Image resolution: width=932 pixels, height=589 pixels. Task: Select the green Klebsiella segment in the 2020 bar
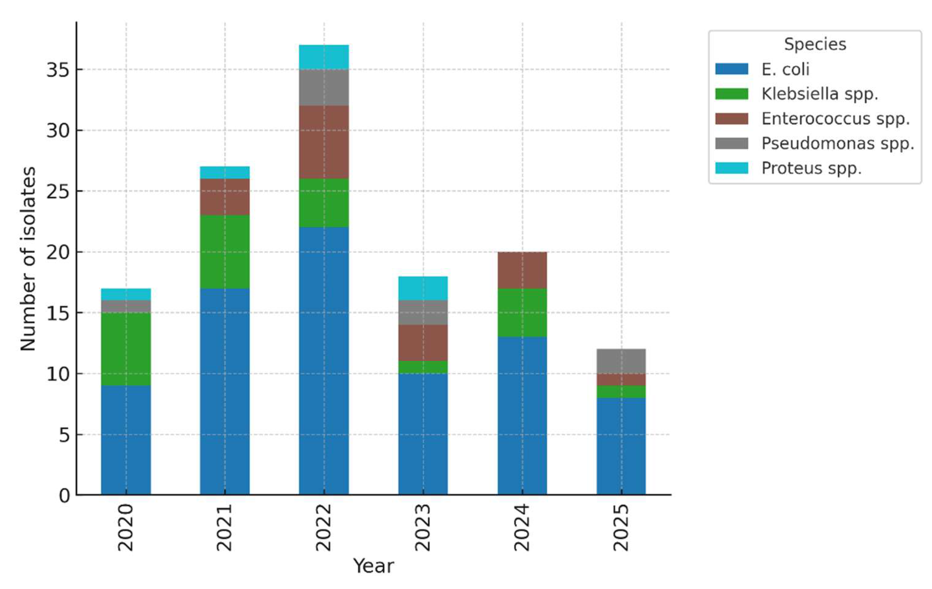[126, 349]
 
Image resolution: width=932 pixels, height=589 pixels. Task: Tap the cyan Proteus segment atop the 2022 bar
[324, 57]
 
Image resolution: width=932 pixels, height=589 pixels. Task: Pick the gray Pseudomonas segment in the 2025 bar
[621, 361]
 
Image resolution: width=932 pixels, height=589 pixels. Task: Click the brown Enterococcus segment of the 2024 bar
[522, 270]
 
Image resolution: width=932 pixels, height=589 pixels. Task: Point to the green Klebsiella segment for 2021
[225, 252]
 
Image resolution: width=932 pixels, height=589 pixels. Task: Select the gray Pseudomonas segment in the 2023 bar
[423, 312]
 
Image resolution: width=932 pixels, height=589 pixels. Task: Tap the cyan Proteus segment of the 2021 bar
[225, 172]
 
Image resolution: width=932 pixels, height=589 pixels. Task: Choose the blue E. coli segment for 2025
[621, 446]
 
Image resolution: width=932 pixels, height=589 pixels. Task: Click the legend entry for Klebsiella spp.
[819, 94]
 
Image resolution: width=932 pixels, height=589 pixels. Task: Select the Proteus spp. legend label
[811, 168]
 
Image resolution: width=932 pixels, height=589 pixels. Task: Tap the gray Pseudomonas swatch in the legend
[731, 143]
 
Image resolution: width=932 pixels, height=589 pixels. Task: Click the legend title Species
[815, 44]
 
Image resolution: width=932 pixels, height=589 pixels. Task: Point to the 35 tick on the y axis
[58, 70]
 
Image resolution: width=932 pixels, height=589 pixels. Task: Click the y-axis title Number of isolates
[28, 259]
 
